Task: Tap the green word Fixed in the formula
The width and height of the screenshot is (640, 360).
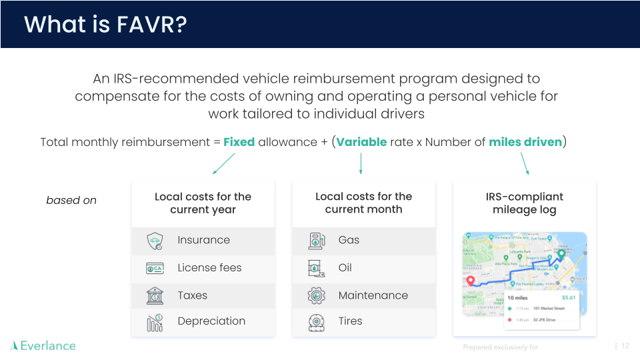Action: tap(239, 141)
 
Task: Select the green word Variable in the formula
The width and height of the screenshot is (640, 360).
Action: tap(361, 141)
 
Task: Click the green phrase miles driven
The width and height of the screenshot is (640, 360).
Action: tap(525, 141)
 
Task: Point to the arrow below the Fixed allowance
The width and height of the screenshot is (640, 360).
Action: tap(224, 163)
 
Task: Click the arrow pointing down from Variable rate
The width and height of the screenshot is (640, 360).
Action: tap(361, 163)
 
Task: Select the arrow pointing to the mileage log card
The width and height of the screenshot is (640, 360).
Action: tap(525, 163)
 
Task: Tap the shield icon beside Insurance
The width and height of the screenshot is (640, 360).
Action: tap(155, 241)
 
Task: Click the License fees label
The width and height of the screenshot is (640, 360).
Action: tap(209, 268)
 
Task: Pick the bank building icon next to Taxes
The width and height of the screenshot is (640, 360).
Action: tap(155, 295)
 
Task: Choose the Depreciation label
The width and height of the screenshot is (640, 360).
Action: tap(211, 321)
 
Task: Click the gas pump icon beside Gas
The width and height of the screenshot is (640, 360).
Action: tap(316, 241)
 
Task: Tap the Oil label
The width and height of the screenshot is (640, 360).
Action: tap(345, 268)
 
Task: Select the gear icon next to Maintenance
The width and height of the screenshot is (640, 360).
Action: tap(316, 295)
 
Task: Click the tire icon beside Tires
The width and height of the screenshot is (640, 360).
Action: tap(316, 323)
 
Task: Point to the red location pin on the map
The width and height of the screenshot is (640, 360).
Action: tap(471, 281)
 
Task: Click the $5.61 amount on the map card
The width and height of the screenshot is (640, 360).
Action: tap(568, 297)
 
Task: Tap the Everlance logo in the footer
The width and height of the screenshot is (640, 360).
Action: tap(43, 345)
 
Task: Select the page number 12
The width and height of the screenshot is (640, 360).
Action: tap(625, 346)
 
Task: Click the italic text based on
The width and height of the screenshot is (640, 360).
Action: tap(71, 200)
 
